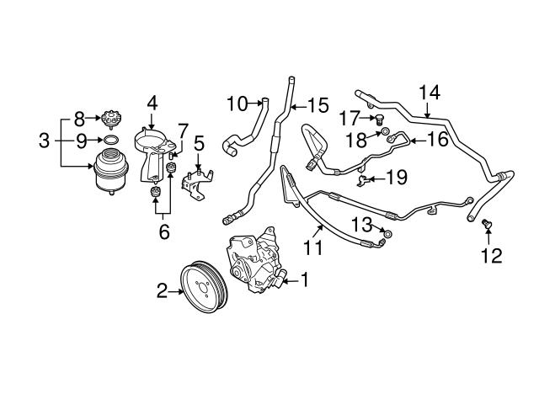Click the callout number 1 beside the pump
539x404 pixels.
[304, 279]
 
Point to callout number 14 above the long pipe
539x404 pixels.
[428, 92]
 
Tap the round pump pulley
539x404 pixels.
[200, 289]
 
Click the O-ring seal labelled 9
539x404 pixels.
[109, 139]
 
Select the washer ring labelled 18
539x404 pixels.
[384, 131]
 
